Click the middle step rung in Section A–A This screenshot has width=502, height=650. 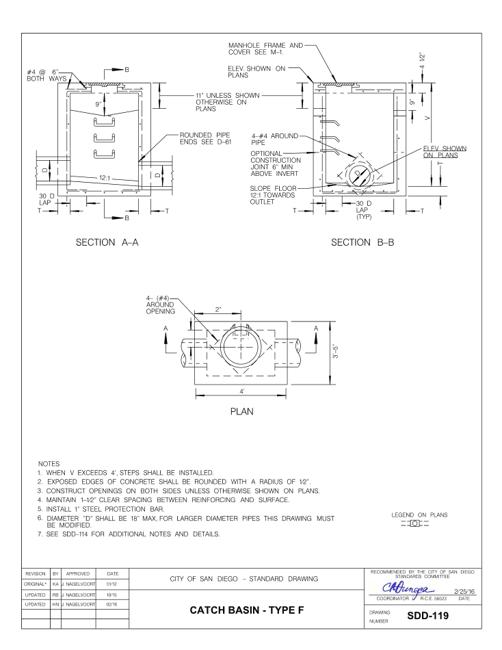[x=103, y=138]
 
